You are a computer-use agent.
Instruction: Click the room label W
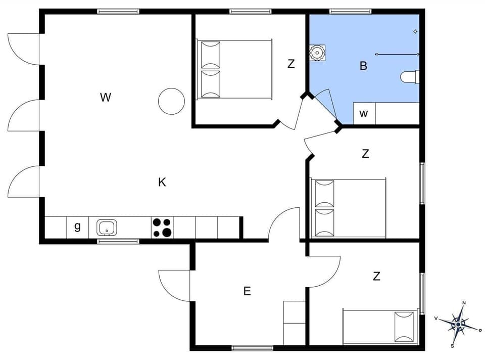pos(105,98)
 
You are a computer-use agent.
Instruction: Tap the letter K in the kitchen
pos(162,183)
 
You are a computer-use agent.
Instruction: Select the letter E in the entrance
pos(247,291)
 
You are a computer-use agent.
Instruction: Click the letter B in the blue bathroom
pos(363,66)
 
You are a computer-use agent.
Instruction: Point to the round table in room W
pos(171,101)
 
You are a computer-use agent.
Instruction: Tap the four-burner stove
pos(162,228)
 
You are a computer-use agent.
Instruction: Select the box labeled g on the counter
pos(77,227)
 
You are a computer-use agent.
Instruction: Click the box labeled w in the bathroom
pos(364,114)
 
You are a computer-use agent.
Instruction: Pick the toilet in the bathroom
pos(410,77)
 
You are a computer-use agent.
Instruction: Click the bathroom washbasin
pos(317,53)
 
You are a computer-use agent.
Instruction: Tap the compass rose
pos(458,324)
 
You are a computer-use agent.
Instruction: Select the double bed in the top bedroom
pos(235,69)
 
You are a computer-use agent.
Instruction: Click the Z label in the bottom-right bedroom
pos(376,277)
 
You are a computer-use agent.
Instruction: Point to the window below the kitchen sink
pos(118,241)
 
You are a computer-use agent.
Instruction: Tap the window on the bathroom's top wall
pos(350,11)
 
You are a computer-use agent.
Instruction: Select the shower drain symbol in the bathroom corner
pos(415,32)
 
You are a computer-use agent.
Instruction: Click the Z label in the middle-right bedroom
pos(365,154)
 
